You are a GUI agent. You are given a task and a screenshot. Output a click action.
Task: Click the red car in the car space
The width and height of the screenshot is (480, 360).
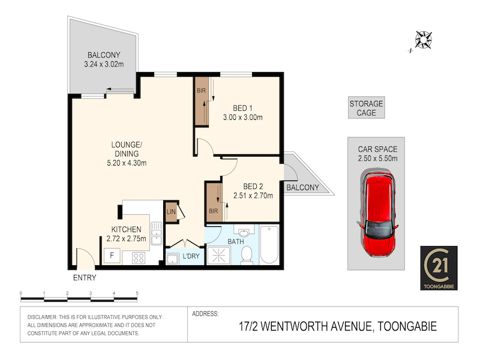pyautogui.click(x=378, y=214)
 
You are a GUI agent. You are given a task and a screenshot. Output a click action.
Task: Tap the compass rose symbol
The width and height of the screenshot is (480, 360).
pyautogui.click(x=424, y=40)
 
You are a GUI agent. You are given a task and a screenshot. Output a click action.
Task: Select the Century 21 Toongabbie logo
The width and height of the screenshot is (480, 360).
pyautogui.click(x=439, y=268)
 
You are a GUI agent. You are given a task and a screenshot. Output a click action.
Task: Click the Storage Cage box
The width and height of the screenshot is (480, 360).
pyautogui.click(x=367, y=108)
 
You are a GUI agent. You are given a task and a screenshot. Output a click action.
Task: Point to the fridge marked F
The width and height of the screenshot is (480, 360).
pyautogui.click(x=112, y=255)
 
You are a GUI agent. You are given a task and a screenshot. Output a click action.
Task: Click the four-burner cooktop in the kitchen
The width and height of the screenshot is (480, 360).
pyautogui.click(x=139, y=258)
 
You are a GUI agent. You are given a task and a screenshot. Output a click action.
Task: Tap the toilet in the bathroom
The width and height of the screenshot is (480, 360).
pyautogui.click(x=247, y=255)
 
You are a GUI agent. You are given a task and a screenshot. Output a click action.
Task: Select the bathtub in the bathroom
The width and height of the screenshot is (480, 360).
pyautogui.click(x=269, y=245)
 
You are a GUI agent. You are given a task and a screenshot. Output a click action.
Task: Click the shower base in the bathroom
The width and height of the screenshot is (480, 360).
pyautogui.click(x=218, y=255)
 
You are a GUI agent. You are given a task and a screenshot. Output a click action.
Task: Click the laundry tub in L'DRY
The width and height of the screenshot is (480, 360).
pyautogui.click(x=172, y=259)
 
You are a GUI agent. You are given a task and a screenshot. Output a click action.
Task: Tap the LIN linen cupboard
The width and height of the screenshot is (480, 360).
pyautogui.click(x=171, y=212)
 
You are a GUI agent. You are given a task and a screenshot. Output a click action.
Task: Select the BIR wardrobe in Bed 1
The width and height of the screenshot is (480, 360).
pyautogui.click(x=202, y=101)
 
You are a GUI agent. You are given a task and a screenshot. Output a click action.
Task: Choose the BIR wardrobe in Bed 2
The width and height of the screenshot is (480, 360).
pyautogui.click(x=214, y=202)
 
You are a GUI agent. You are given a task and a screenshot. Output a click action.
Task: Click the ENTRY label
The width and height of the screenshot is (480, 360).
pyautogui.click(x=85, y=278)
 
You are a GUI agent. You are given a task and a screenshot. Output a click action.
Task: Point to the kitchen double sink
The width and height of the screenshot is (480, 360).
pyautogui.click(x=157, y=233)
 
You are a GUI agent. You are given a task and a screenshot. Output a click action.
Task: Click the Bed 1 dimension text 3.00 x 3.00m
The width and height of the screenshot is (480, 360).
pyautogui.click(x=243, y=117)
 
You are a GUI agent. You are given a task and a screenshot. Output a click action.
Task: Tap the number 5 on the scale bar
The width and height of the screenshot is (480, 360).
pyautogui.click(x=137, y=293)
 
